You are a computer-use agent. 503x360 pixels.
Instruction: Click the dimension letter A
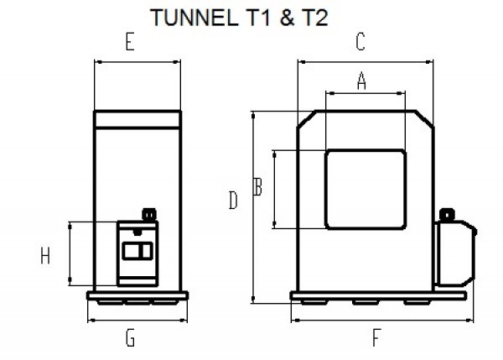[362, 81]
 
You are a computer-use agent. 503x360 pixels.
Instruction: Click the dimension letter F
[375, 337]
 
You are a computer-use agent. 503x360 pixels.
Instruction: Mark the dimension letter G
[130, 338]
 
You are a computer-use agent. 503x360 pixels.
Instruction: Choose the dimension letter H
[45, 256]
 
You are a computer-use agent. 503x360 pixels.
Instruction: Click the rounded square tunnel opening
[366, 189]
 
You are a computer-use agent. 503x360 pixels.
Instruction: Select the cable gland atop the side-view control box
[150, 216]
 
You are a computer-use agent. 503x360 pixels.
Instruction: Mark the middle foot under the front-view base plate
[363, 302]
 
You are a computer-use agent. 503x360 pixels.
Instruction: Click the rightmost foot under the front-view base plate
[414, 302]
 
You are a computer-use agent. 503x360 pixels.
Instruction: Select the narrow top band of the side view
[137, 119]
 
